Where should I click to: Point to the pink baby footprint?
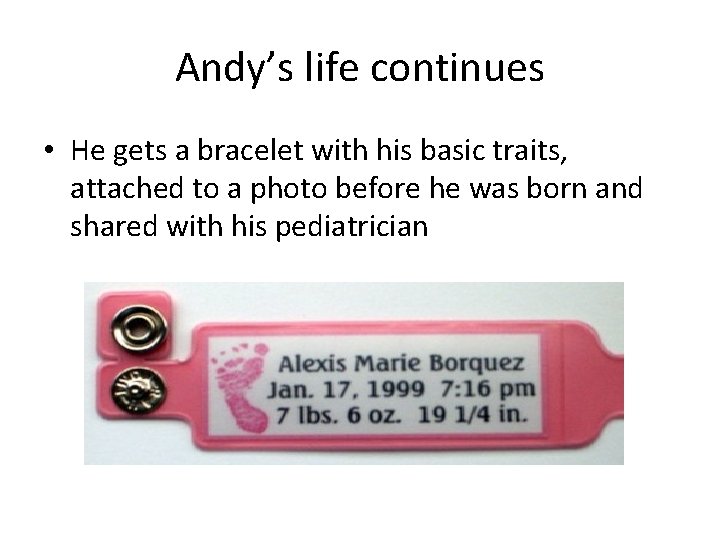click(243, 385)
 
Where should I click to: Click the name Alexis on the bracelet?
click(311, 362)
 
